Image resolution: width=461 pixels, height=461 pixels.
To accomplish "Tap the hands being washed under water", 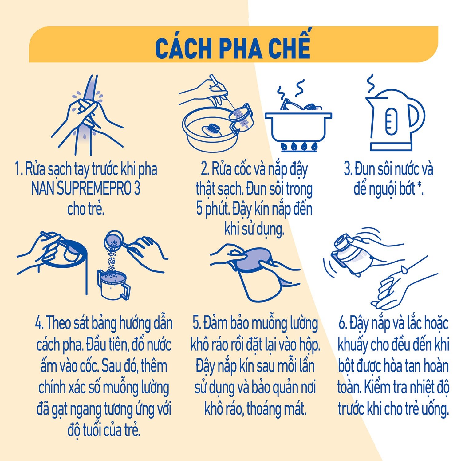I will (88, 114).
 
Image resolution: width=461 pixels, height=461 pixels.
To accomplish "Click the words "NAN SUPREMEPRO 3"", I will (86, 189).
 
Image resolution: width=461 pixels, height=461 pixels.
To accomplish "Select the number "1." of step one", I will (19, 169).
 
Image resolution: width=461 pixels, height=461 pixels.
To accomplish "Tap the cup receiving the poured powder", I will (113, 284).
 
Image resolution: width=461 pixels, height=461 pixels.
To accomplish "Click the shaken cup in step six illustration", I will (353, 255).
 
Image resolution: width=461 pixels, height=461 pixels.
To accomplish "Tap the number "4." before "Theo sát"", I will (40, 323).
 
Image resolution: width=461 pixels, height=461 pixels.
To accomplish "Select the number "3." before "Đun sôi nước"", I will (348, 169).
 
